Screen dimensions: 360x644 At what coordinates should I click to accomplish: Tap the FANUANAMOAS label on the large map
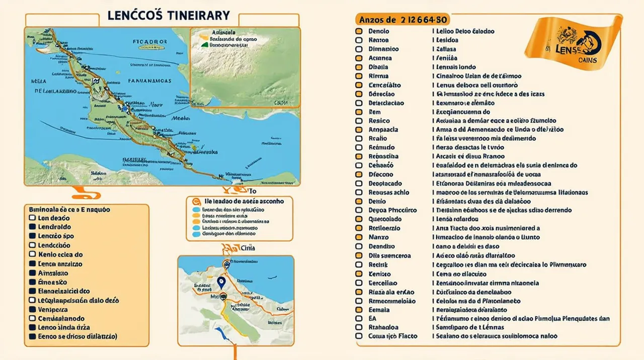pyautogui.click(x=149, y=80)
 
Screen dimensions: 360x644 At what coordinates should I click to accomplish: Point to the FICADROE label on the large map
pyautogui.click(x=149, y=42)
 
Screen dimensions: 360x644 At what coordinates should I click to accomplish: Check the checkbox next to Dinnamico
pyautogui.click(x=359, y=49)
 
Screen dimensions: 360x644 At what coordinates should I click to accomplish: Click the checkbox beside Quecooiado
pyautogui.click(x=359, y=219)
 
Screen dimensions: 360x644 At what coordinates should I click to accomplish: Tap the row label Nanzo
pyautogui.click(x=378, y=237)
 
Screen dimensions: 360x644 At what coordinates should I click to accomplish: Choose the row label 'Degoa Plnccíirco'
pyautogui.click(x=392, y=210)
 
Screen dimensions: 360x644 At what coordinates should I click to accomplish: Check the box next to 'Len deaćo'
pyautogui.click(x=32, y=218)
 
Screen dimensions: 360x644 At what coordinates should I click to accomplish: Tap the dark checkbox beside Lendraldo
pyautogui.click(x=32, y=227)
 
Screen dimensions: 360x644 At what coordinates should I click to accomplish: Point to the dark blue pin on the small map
pyautogui.click(x=220, y=282)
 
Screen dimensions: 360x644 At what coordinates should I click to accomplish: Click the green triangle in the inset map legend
pyautogui.click(x=204, y=44)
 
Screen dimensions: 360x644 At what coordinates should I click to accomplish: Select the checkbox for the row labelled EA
pyautogui.click(x=359, y=318)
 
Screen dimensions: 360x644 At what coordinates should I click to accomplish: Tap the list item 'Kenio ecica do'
pyautogui.click(x=60, y=254)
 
